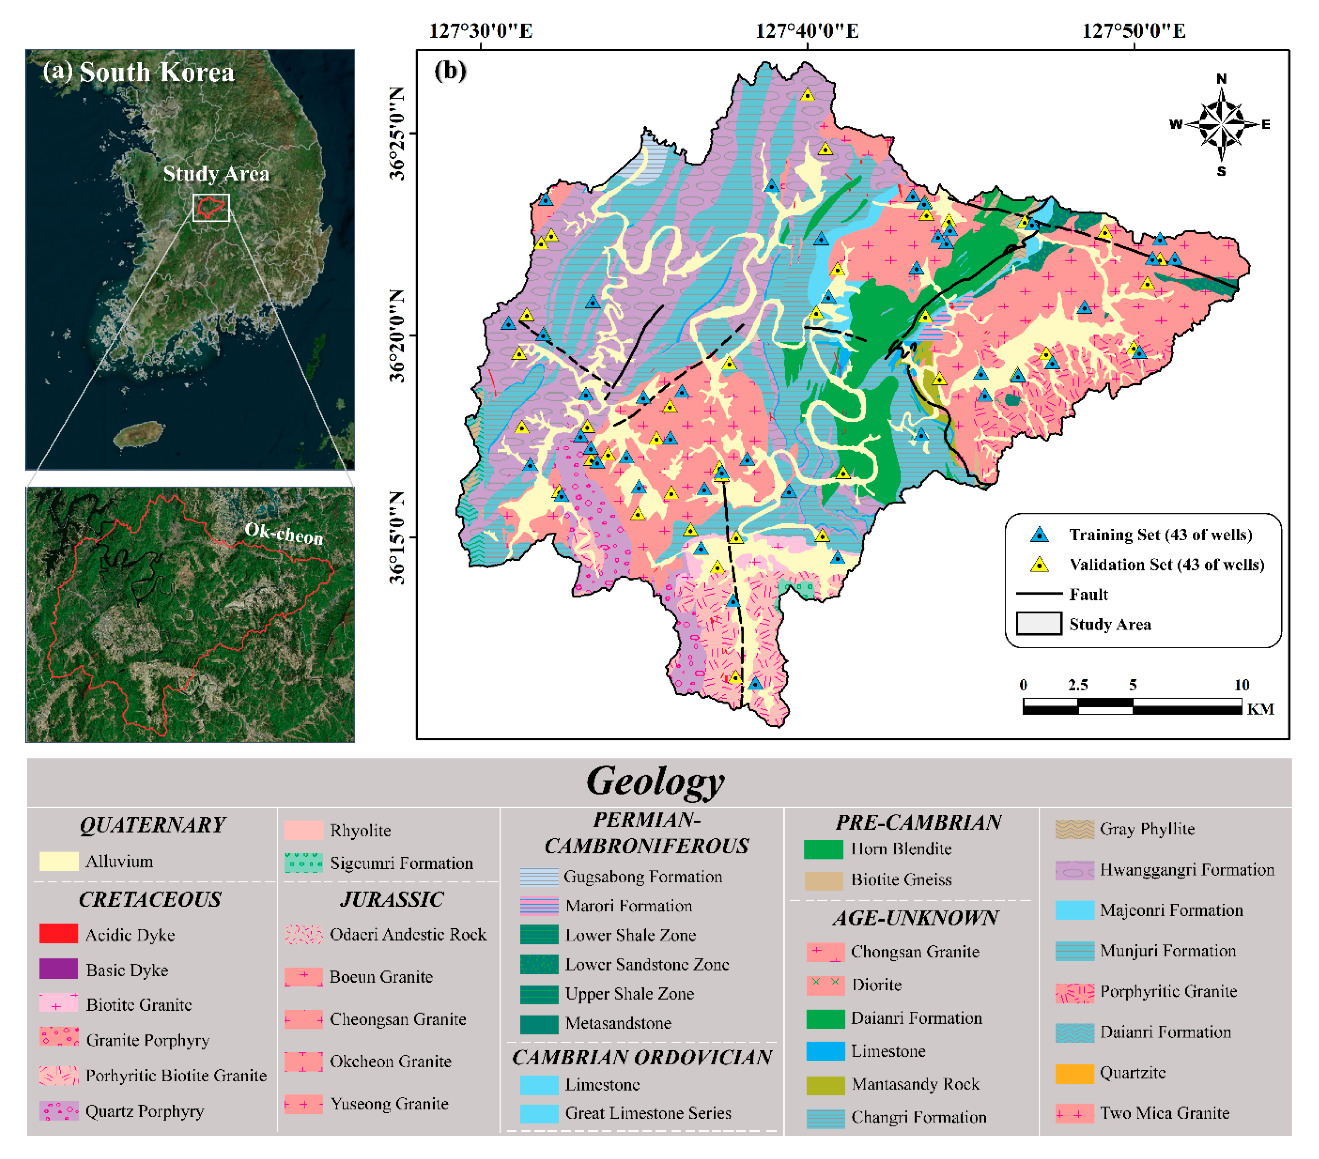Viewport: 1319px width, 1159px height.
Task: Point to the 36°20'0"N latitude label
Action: click(x=397, y=335)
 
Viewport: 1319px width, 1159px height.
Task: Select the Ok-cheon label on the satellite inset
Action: click(x=284, y=533)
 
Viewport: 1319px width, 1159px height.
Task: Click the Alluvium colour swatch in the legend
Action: click(x=59, y=861)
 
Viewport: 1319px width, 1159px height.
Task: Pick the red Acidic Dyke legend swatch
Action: click(x=59, y=934)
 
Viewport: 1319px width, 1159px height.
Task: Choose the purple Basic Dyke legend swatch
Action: click(x=59, y=969)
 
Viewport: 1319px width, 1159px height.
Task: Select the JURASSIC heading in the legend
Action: click(x=392, y=899)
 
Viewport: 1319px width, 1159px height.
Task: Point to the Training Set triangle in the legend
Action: click(x=1039, y=534)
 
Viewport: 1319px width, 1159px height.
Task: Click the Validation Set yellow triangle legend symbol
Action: click(x=1039, y=565)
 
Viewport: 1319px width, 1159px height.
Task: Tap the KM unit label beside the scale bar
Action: click(x=1260, y=709)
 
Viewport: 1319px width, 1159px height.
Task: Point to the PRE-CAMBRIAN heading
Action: click(x=918, y=822)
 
